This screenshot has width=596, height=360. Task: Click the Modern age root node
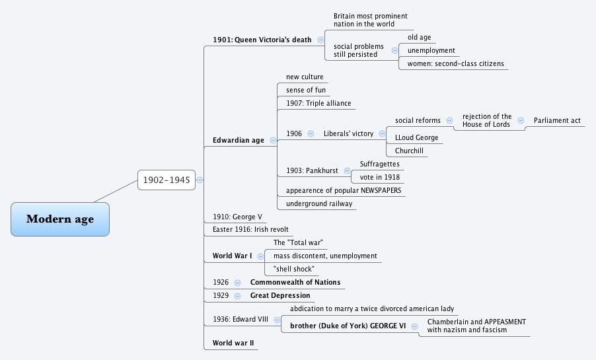60,219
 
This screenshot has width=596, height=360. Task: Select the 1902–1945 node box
167,179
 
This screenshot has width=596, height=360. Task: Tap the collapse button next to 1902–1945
200,179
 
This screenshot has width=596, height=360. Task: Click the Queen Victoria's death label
262,40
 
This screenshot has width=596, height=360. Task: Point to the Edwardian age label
238,140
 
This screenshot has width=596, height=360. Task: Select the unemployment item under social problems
431,51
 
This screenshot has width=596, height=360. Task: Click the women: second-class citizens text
455,64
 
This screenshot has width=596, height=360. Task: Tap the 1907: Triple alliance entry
318,104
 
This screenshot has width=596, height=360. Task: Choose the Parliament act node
557,121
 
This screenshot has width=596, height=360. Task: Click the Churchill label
409,151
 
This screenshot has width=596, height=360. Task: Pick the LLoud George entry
416,137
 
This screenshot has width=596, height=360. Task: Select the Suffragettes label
380,164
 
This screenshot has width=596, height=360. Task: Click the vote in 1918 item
380,177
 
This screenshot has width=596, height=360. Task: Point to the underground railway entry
319,203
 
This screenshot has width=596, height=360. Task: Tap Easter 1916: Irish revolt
250,229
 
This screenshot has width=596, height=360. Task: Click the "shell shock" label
293,269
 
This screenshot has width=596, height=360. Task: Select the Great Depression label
280,295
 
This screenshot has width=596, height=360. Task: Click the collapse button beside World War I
260,256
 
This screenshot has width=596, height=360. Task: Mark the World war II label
233,343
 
